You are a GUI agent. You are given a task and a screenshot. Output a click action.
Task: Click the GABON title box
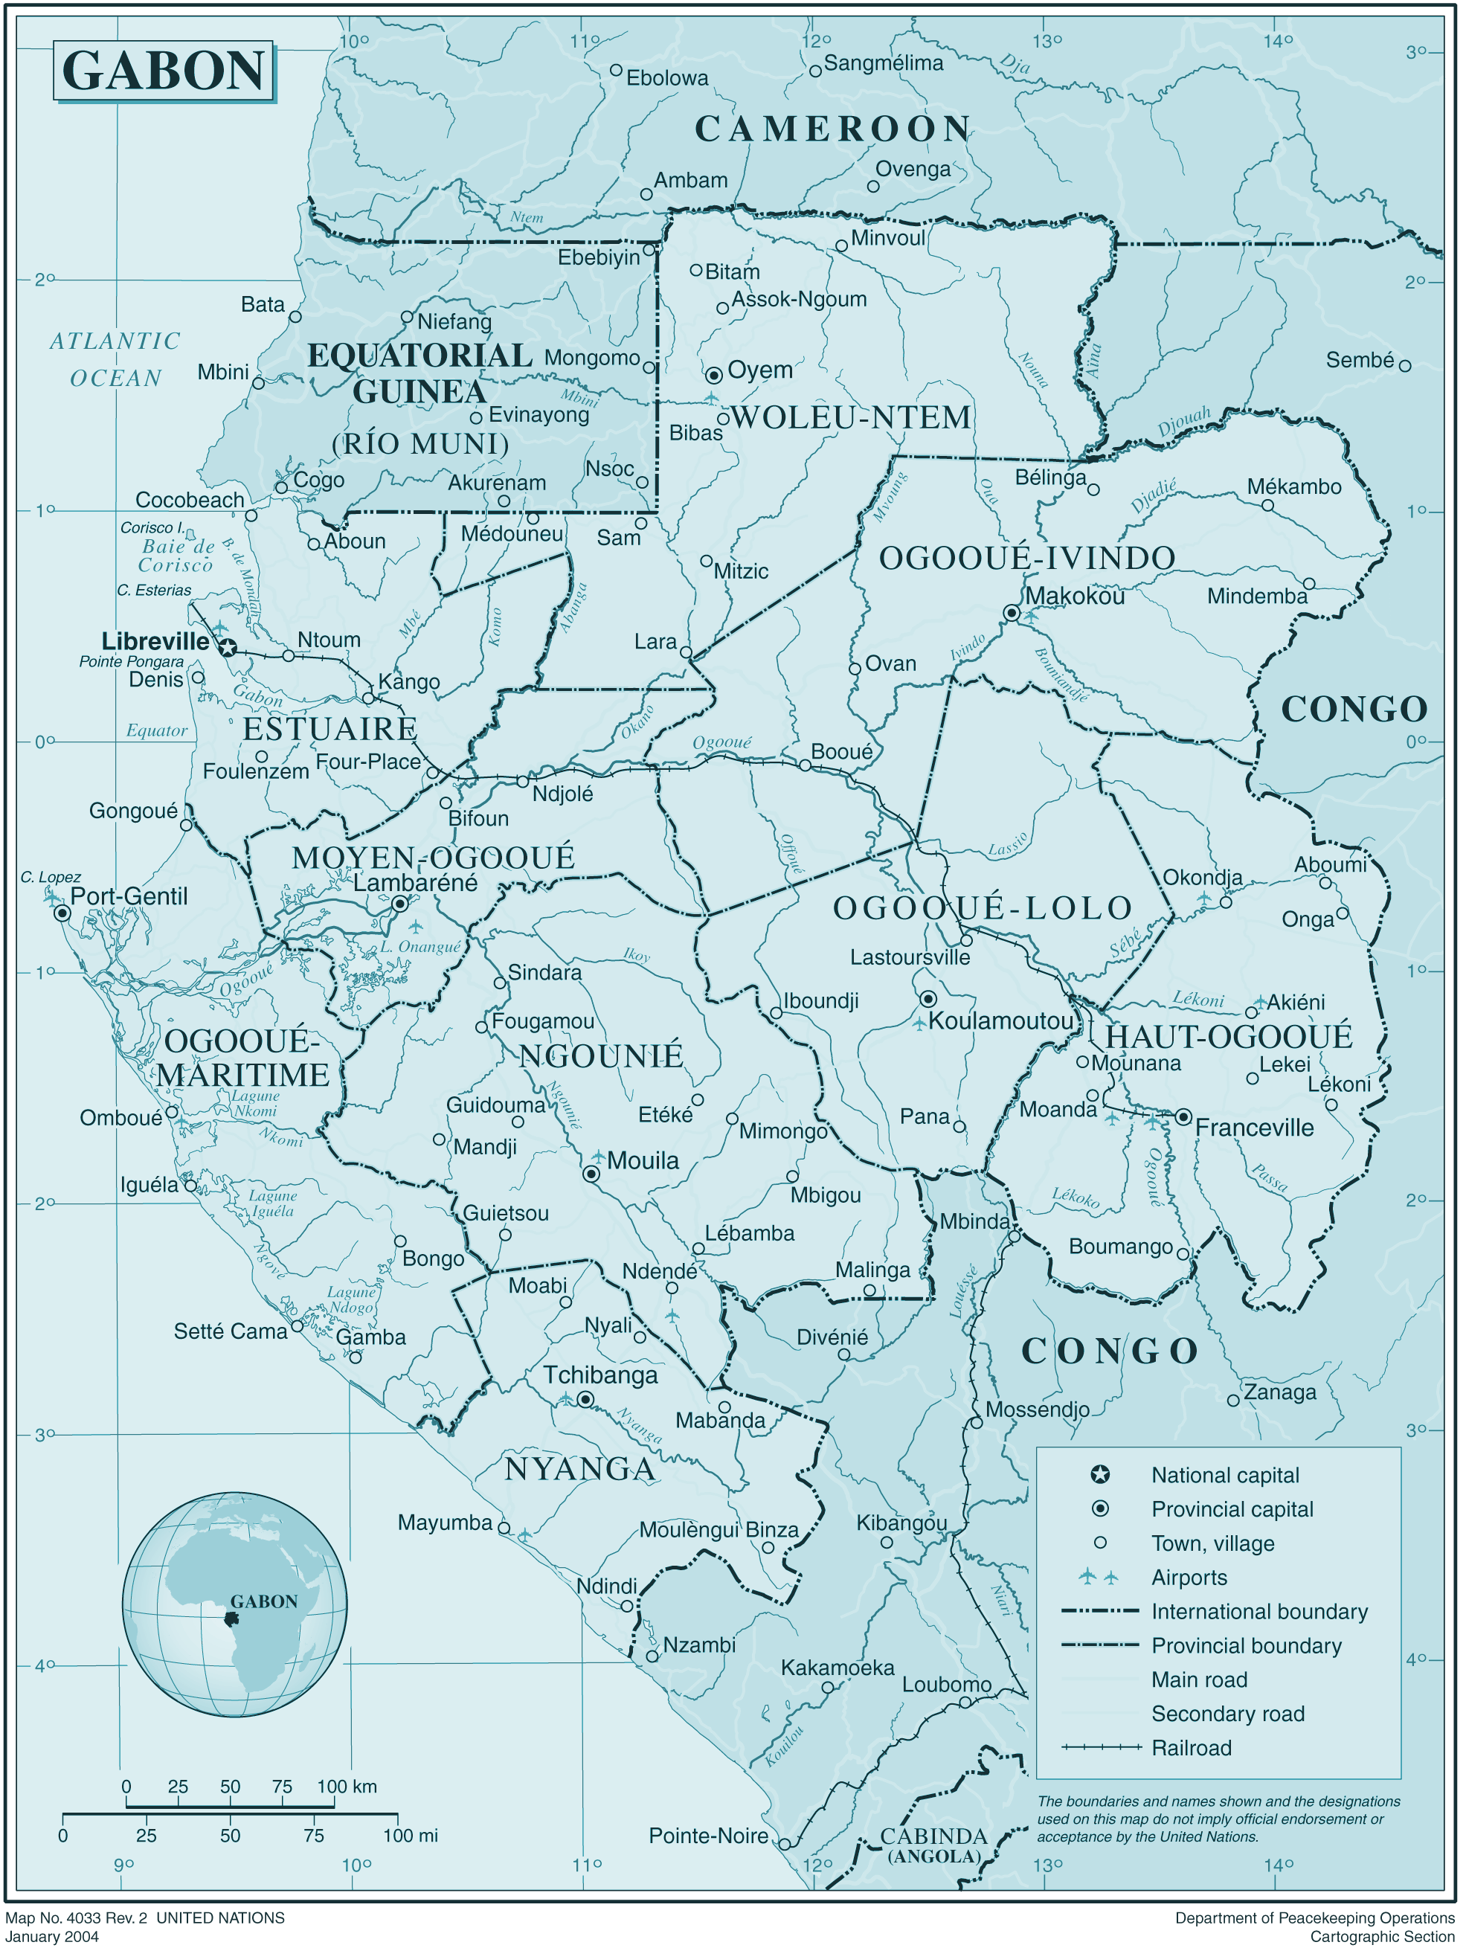(164, 71)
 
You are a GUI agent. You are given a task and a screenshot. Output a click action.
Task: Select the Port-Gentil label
(129, 896)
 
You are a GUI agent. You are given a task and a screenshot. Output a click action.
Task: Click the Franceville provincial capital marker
(1184, 1117)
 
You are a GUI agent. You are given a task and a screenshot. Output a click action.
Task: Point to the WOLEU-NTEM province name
(851, 417)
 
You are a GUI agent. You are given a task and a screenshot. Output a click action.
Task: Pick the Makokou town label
(1075, 597)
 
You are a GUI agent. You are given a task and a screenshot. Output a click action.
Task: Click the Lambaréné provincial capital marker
(399, 904)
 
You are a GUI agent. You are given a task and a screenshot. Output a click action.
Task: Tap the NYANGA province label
(579, 1469)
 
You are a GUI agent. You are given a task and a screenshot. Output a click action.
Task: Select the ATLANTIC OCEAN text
(115, 359)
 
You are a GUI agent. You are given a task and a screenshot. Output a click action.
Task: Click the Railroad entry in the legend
(1192, 1748)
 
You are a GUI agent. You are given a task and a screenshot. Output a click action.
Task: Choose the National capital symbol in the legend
(1100, 1474)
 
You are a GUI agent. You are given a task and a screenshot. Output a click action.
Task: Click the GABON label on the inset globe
(263, 1602)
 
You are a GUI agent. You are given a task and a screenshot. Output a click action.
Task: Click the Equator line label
(157, 730)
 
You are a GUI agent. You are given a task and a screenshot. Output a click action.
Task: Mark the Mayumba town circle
(504, 1528)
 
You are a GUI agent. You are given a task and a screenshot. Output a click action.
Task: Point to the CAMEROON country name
(832, 129)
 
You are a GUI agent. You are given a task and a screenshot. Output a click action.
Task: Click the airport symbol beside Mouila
(599, 1157)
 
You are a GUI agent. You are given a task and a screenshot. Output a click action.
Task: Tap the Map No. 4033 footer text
(144, 1918)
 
